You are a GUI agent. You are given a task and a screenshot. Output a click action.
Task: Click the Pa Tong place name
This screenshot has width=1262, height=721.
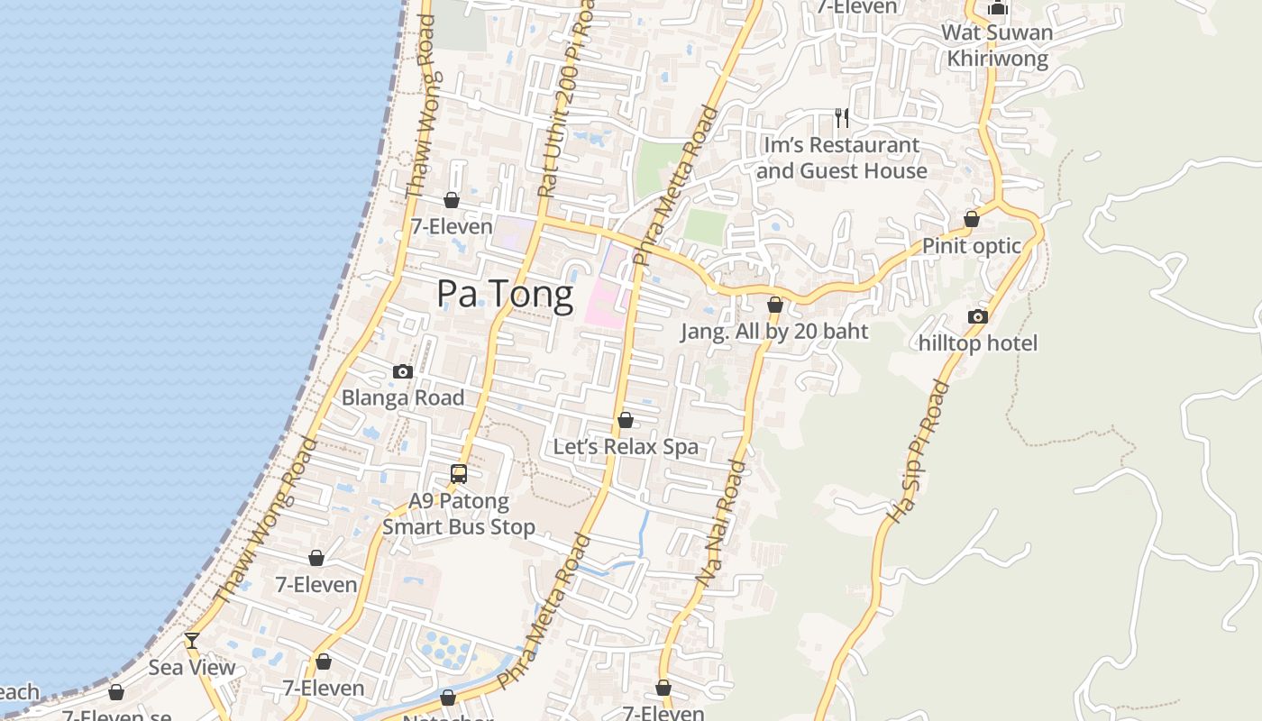point(505,295)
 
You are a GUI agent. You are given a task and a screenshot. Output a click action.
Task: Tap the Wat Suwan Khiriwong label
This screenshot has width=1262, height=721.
point(997,46)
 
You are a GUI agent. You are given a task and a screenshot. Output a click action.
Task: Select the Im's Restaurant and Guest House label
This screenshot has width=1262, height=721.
point(842,158)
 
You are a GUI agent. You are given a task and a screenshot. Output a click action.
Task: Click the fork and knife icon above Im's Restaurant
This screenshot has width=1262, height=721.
point(842,117)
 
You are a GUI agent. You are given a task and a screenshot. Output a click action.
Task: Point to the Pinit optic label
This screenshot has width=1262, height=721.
point(972,246)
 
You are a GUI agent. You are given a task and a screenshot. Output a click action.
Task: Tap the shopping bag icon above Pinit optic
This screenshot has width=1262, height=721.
point(972,219)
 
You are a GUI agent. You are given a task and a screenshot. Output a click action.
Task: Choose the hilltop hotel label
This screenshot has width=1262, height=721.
point(978,343)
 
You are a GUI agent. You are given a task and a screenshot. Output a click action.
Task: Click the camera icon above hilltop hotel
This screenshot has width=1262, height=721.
point(978,316)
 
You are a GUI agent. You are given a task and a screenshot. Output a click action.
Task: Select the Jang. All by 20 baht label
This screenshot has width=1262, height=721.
point(774,332)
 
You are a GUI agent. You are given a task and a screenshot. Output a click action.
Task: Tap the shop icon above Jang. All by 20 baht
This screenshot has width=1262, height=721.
point(774,305)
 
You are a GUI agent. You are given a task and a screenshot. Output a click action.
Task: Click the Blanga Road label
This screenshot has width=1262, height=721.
point(403,398)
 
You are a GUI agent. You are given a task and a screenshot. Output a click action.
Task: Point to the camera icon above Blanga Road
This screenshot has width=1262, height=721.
point(403,371)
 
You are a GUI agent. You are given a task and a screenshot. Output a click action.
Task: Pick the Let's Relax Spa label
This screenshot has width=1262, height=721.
point(626,447)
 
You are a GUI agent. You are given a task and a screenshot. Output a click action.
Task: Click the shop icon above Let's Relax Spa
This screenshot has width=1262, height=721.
point(626,420)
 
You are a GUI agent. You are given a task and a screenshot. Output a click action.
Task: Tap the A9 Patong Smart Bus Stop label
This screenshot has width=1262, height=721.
point(459,514)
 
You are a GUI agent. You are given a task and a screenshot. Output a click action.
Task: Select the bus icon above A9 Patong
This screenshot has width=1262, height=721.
point(459,473)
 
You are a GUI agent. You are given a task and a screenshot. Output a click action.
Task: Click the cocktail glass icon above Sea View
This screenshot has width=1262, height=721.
point(192,641)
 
